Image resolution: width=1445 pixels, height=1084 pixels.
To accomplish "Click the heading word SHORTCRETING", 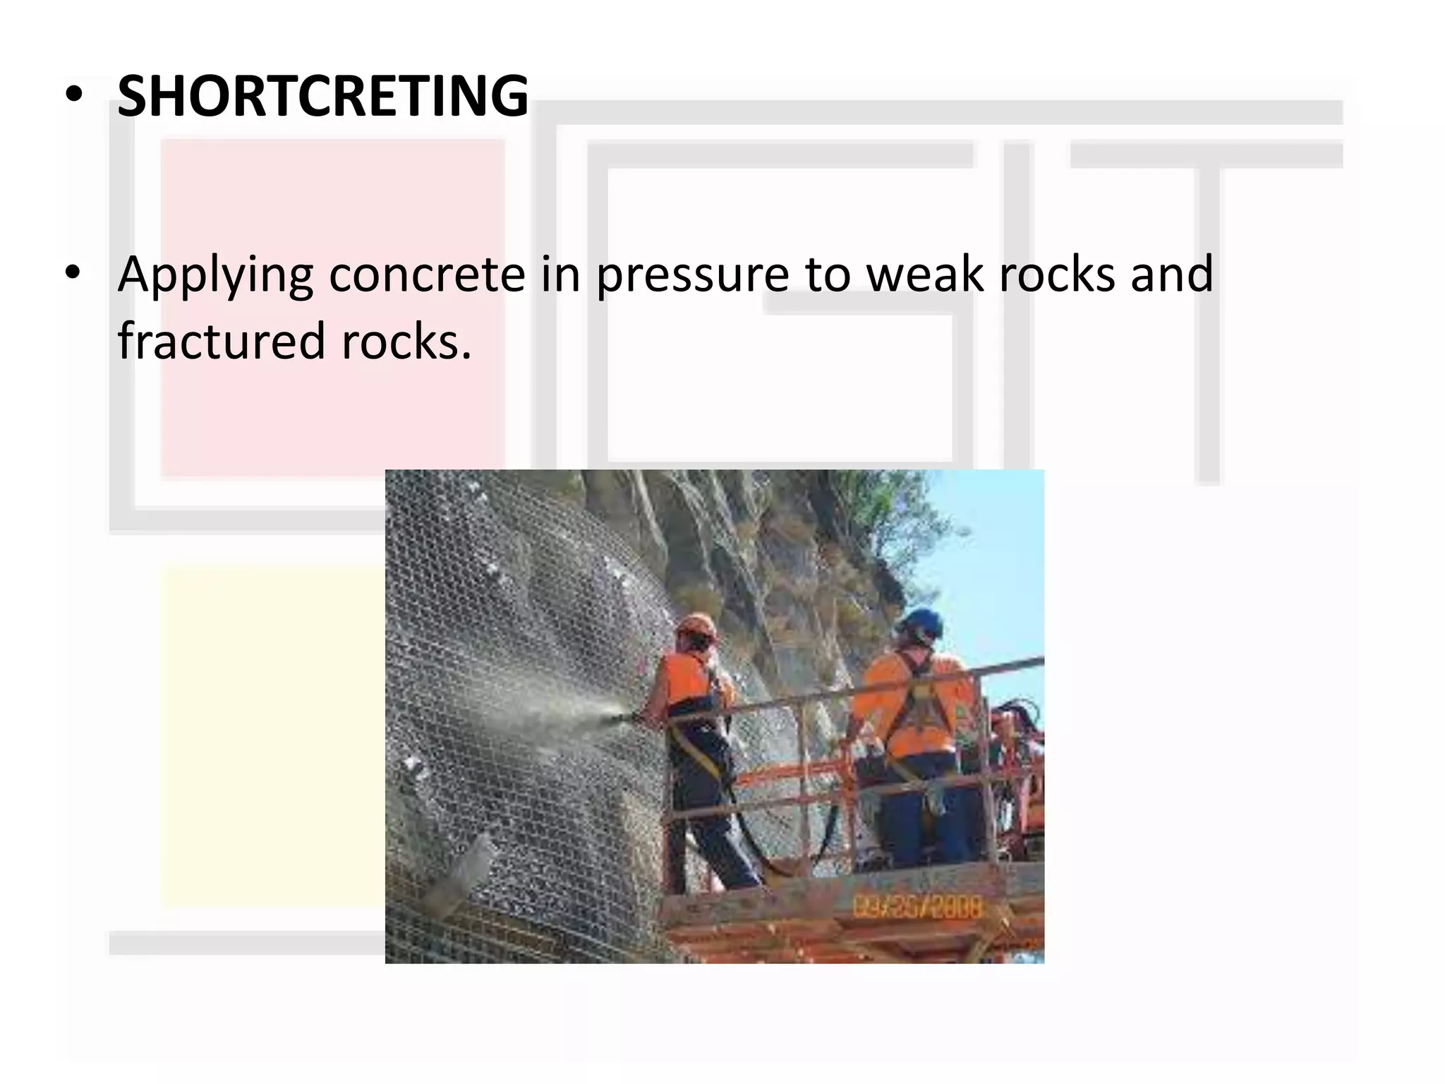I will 322,97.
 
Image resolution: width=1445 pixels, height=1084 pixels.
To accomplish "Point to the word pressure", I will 692,275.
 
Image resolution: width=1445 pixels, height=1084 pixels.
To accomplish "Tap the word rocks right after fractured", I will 406,342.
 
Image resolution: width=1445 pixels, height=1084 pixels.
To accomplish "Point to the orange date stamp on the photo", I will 917,907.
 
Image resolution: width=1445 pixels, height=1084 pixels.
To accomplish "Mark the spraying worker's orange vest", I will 688,681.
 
